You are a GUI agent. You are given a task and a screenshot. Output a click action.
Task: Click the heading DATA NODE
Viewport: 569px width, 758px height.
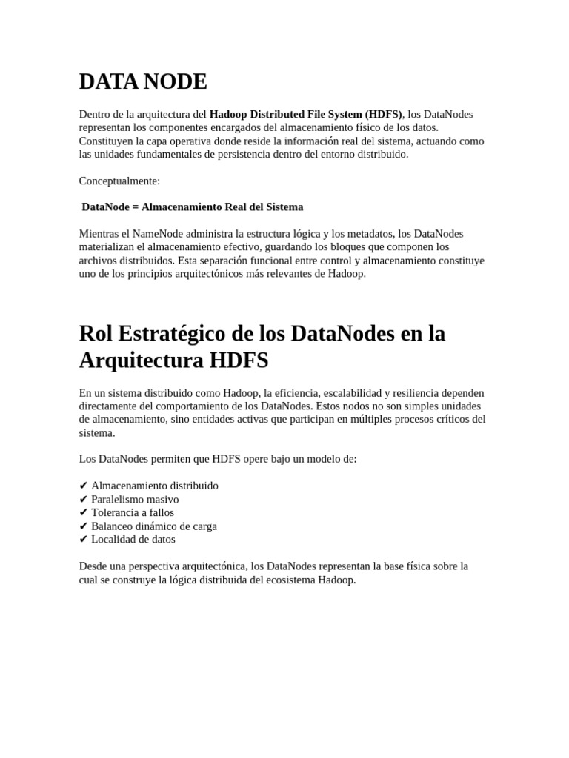pyautogui.click(x=143, y=82)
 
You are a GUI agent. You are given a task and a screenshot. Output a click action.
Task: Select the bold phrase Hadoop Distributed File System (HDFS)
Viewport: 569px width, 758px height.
pyautogui.click(x=305, y=114)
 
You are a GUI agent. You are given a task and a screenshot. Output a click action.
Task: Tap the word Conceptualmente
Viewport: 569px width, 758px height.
pyautogui.click(x=119, y=181)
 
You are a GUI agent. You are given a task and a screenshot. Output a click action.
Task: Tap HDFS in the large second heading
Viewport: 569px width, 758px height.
pyautogui.click(x=238, y=361)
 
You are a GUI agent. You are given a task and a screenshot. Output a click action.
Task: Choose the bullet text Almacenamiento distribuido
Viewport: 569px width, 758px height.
pyautogui.click(x=155, y=486)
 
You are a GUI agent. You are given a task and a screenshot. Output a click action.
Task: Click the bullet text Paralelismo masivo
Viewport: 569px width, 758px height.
pyautogui.click(x=135, y=500)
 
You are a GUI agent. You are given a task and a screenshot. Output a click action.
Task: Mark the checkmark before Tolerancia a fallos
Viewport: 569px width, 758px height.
pyautogui.click(x=83, y=513)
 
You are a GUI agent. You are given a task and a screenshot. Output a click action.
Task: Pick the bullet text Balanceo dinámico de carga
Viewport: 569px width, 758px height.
pyautogui.click(x=154, y=526)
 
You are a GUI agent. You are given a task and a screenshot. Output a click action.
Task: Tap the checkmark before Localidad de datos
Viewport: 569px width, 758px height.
pyautogui.click(x=83, y=540)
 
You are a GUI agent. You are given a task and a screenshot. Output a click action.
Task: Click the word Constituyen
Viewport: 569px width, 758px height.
pyautogui.click(x=107, y=141)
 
